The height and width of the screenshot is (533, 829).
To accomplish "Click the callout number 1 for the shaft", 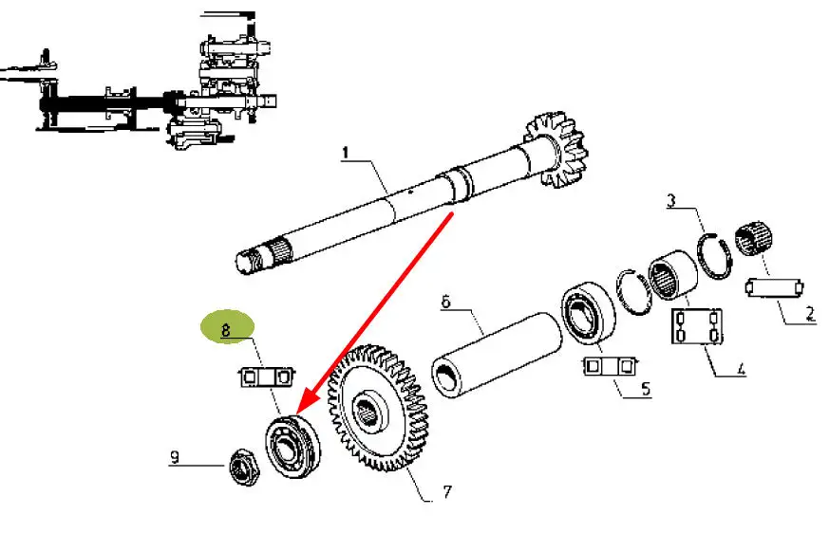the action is coord(346,154).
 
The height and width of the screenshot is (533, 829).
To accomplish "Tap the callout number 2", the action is coord(811,313).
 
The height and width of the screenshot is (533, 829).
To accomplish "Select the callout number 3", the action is coord(671,201).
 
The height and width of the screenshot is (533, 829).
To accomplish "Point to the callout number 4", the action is coord(741,368).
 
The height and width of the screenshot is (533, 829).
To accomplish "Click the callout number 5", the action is coord(646,389).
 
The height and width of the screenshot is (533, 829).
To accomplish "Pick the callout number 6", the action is coord(445,303).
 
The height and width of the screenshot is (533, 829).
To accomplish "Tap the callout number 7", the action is coord(447,492).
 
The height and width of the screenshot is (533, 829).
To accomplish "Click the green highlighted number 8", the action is coord(226,330).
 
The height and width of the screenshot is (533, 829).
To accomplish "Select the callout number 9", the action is coord(175,457).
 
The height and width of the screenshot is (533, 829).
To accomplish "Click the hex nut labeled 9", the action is coord(244,467).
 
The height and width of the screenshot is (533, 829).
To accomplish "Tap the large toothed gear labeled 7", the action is coord(377,409).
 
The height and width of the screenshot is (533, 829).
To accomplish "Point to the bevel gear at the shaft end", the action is coord(556,150).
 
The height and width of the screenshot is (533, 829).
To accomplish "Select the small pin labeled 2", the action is coord(775,288).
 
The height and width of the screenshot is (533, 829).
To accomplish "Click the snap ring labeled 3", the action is coord(715,256).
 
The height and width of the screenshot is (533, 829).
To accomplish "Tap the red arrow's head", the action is coord(306,404).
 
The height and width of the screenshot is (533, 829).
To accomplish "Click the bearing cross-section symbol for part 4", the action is coord(697,326).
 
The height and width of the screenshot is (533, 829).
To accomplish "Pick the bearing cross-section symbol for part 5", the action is coord(610,366).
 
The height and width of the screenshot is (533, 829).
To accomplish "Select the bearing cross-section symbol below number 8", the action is coord(265,377).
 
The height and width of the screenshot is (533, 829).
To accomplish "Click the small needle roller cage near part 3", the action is coord(754,238).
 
